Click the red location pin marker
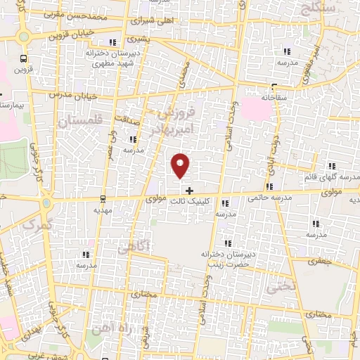coord(181,165)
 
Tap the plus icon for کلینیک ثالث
coord(189,190)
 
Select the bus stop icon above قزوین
coord(24,59)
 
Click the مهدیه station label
coord(103,210)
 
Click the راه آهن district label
coord(105,330)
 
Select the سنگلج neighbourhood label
coord(319,7)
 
